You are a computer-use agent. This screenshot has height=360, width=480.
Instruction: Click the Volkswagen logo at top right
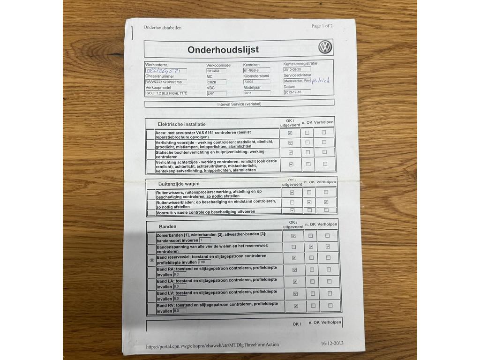(325, 47)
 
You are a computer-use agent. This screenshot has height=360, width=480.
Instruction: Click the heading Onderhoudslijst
(223, 50)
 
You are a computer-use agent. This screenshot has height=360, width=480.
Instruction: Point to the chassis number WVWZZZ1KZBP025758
(166, 82)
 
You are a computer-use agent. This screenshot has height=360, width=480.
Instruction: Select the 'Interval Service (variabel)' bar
(240, 104)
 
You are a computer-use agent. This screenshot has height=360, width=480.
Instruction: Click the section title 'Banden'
(167, 226)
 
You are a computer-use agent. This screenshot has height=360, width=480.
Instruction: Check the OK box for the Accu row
(290, 133)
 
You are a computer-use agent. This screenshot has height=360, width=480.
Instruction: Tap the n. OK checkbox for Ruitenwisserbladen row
(309, 202)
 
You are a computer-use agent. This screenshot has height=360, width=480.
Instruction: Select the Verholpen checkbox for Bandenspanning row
(328, 247)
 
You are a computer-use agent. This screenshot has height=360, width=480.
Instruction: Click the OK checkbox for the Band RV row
(295, 306)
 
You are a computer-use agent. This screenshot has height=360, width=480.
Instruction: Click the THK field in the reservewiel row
(204, 262)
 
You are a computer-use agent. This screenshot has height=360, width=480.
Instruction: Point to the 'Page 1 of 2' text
(322, 26)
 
